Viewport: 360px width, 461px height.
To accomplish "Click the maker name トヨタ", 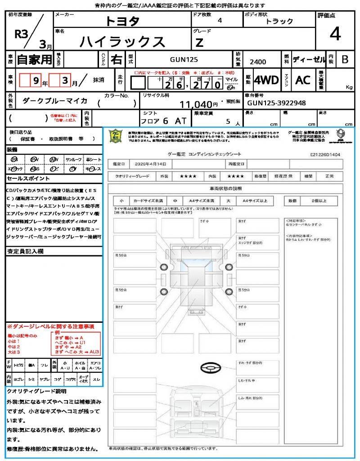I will pyautogui.click(x=122, y=21).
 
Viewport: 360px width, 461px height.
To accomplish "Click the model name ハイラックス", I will pyautogui.click(x=122, y=42).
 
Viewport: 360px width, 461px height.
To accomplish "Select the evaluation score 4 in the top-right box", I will pyautogui.click(x=335, y=34).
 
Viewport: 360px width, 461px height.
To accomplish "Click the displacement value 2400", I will pyautogui.click(x=257, y=62).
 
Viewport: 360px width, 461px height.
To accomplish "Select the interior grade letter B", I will pyautogui.click(x=345, y=59).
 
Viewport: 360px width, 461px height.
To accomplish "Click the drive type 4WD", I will pyautogui.click(x=266, y=80).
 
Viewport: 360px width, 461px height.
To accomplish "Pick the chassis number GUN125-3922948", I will pyautogui.click(x=275, y=103).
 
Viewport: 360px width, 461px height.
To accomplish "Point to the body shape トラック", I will pyautogui.click(x=279, y=21).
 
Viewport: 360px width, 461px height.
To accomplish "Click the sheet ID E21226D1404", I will pyautogui.click(x=325, y=154).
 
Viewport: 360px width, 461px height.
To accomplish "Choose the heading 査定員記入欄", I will pyautogui.click(x=25, y=251).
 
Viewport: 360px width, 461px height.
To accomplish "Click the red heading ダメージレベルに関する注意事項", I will pyautogui.click(x=50, y=326).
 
